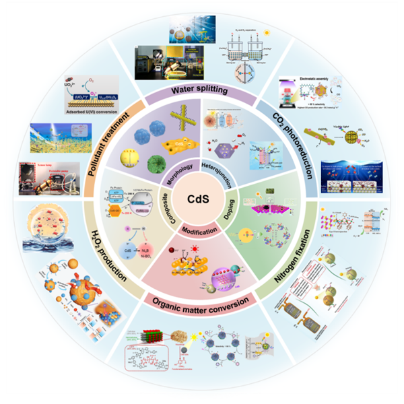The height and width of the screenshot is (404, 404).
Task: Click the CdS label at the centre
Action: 203,201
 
